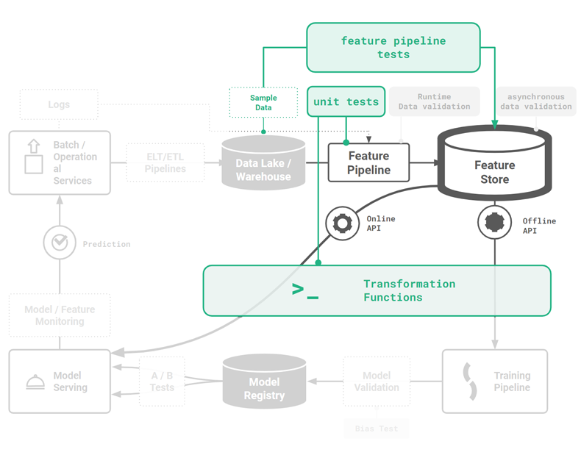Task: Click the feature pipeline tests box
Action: click(x=393, y=48)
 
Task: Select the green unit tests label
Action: click(x=346, y=101)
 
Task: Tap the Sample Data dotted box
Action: click(x=263, y=103)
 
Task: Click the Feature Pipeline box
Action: click(x=368, y=163)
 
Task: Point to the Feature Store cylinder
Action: click(x=494, y=165)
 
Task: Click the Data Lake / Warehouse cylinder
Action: click(x=263, y=164)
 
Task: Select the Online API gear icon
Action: click(x=343, y=223)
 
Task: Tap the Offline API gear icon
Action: click(x=495, y=221)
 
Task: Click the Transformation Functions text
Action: click(x=409, y=290)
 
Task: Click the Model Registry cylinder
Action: click(x=263, y=382)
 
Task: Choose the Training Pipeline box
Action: click(x=494, y=381)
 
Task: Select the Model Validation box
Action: click(x=377, y=381)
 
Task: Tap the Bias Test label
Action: click(x=377, y=428)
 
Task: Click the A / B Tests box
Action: click(x=163, y=381)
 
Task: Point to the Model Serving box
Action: click(x=59, y=381)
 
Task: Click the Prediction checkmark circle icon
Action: click(x=60, y=243)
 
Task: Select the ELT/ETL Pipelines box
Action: click(x=165, y=162)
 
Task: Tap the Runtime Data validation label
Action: click(x=434, y=101)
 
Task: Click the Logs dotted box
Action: click(x=59, y=104)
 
